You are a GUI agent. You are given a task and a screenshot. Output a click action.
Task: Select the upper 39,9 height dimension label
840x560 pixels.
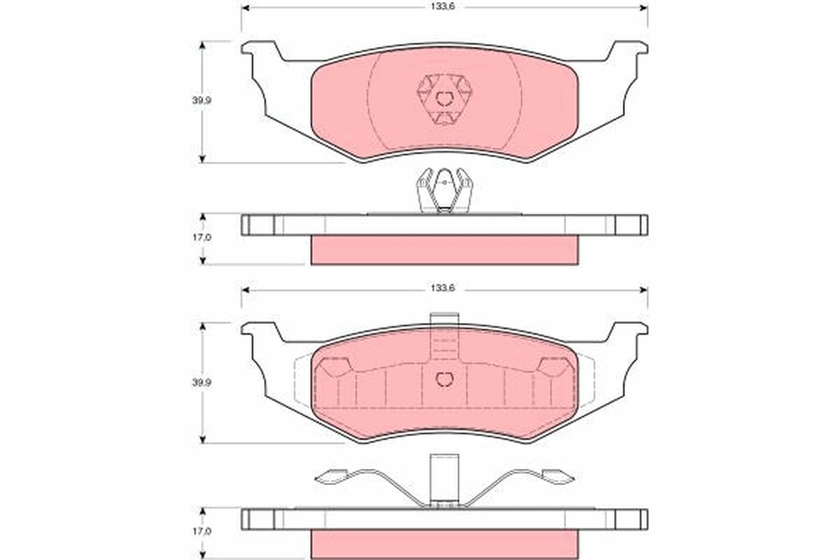click(203, 100)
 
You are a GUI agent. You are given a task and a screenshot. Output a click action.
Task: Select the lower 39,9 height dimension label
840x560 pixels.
click(203, 382)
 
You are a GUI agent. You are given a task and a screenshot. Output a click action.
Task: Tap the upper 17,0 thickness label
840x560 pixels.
click(203, 238)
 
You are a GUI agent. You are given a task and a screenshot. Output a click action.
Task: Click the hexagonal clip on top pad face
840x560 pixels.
click(444, 99)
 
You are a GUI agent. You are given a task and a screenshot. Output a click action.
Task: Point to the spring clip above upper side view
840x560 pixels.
click(444, 190)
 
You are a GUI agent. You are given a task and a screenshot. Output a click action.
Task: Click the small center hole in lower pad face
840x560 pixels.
click(444, 379)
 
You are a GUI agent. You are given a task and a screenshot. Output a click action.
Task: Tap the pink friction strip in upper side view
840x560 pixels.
click(444, 250)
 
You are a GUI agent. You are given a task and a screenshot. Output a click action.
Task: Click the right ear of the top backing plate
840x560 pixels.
click(628, 52)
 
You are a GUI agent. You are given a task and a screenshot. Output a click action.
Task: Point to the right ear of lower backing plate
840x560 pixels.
click(628, 335)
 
